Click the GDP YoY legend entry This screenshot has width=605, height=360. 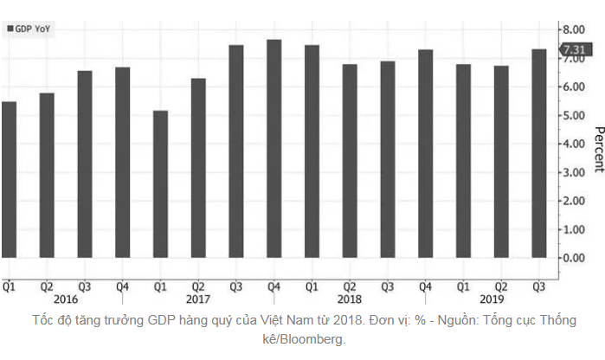(x=31, y=29)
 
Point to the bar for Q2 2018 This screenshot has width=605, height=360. (x=350, y=160)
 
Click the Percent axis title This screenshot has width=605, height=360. (x=597, y=150)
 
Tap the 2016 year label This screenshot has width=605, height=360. (x=66, y=299)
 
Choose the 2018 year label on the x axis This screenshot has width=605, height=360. (x=350, y=299)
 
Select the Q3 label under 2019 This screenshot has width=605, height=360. (x=538, y=286)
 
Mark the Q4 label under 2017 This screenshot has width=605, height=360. (x=274, y=286)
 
